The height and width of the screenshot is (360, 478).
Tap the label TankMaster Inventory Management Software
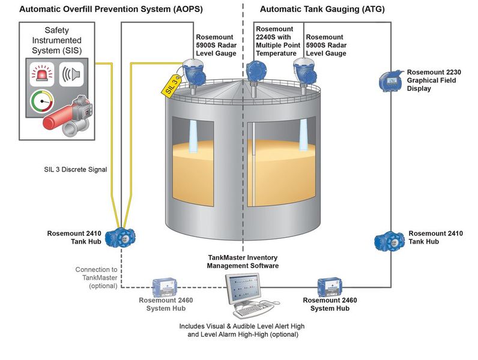pyautogui.click(x=243, y=261)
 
